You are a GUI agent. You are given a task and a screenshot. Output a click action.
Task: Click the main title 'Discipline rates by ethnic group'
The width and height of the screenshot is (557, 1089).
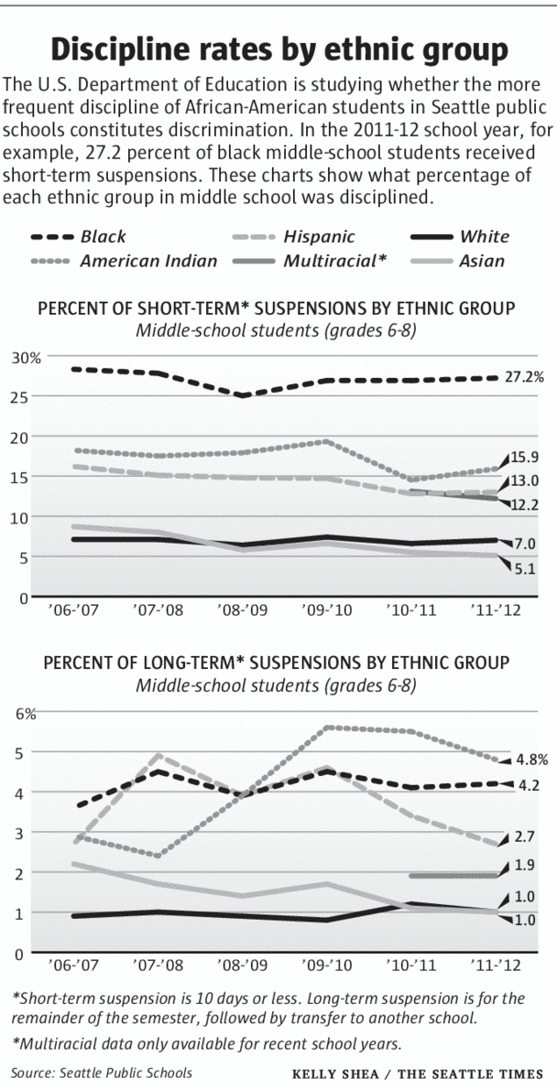tap(278, 48)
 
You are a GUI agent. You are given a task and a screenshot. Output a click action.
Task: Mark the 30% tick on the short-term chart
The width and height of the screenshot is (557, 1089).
tap(27, 357)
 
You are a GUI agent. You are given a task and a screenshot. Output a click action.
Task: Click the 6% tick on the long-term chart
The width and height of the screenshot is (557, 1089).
tap(24, 713)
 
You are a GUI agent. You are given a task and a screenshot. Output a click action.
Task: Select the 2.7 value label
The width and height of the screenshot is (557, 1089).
tap(525, 836)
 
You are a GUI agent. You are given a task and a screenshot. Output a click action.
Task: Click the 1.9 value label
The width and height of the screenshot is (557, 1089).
tap(525, 865)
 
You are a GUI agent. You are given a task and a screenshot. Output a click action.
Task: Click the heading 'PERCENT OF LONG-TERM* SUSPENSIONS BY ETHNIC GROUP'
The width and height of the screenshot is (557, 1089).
tap(273, 662)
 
